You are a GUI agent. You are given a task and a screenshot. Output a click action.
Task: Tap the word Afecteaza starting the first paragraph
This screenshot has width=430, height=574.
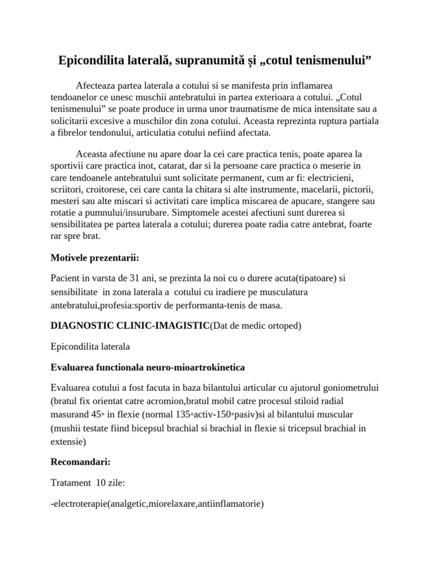point(98,85)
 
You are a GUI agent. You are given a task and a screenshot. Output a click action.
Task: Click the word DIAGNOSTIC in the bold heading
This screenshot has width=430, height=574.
point(82,326)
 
